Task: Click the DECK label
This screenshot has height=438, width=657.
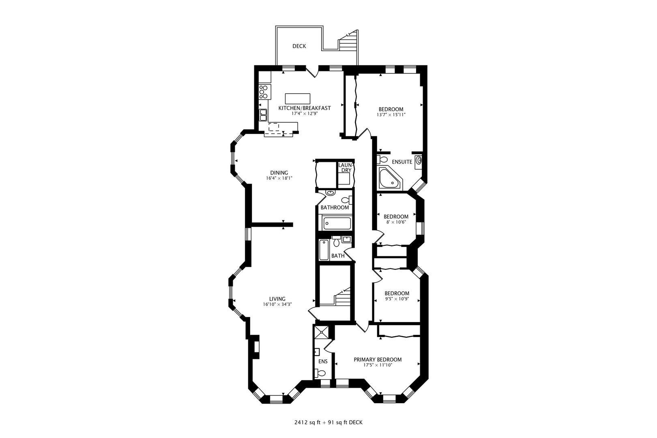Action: [x=299, y=46]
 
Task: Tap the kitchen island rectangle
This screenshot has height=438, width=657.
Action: [x=297, y=99]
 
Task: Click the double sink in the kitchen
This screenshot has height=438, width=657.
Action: [x=263, y=115]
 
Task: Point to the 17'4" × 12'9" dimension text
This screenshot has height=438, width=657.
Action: [x=304, y=114]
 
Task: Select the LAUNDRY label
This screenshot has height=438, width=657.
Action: [x=346, y=167]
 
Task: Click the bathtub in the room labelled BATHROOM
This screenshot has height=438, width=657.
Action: [x=337, y=223]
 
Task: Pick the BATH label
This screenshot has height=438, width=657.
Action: [x=338, y=256]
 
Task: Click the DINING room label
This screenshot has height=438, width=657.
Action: [x=279, y=172]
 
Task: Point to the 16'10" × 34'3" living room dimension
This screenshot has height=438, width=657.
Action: [x=280, y=305]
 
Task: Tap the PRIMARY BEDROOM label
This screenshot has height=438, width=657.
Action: [x=378, y=360]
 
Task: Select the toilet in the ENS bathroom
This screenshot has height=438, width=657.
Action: [x=321, y=373]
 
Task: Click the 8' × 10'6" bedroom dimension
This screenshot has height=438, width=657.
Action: [x=396, y=222]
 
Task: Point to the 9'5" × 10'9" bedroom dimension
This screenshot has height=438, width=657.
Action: [x=397, y=299]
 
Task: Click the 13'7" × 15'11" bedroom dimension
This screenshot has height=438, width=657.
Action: [x=391, y=115]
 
